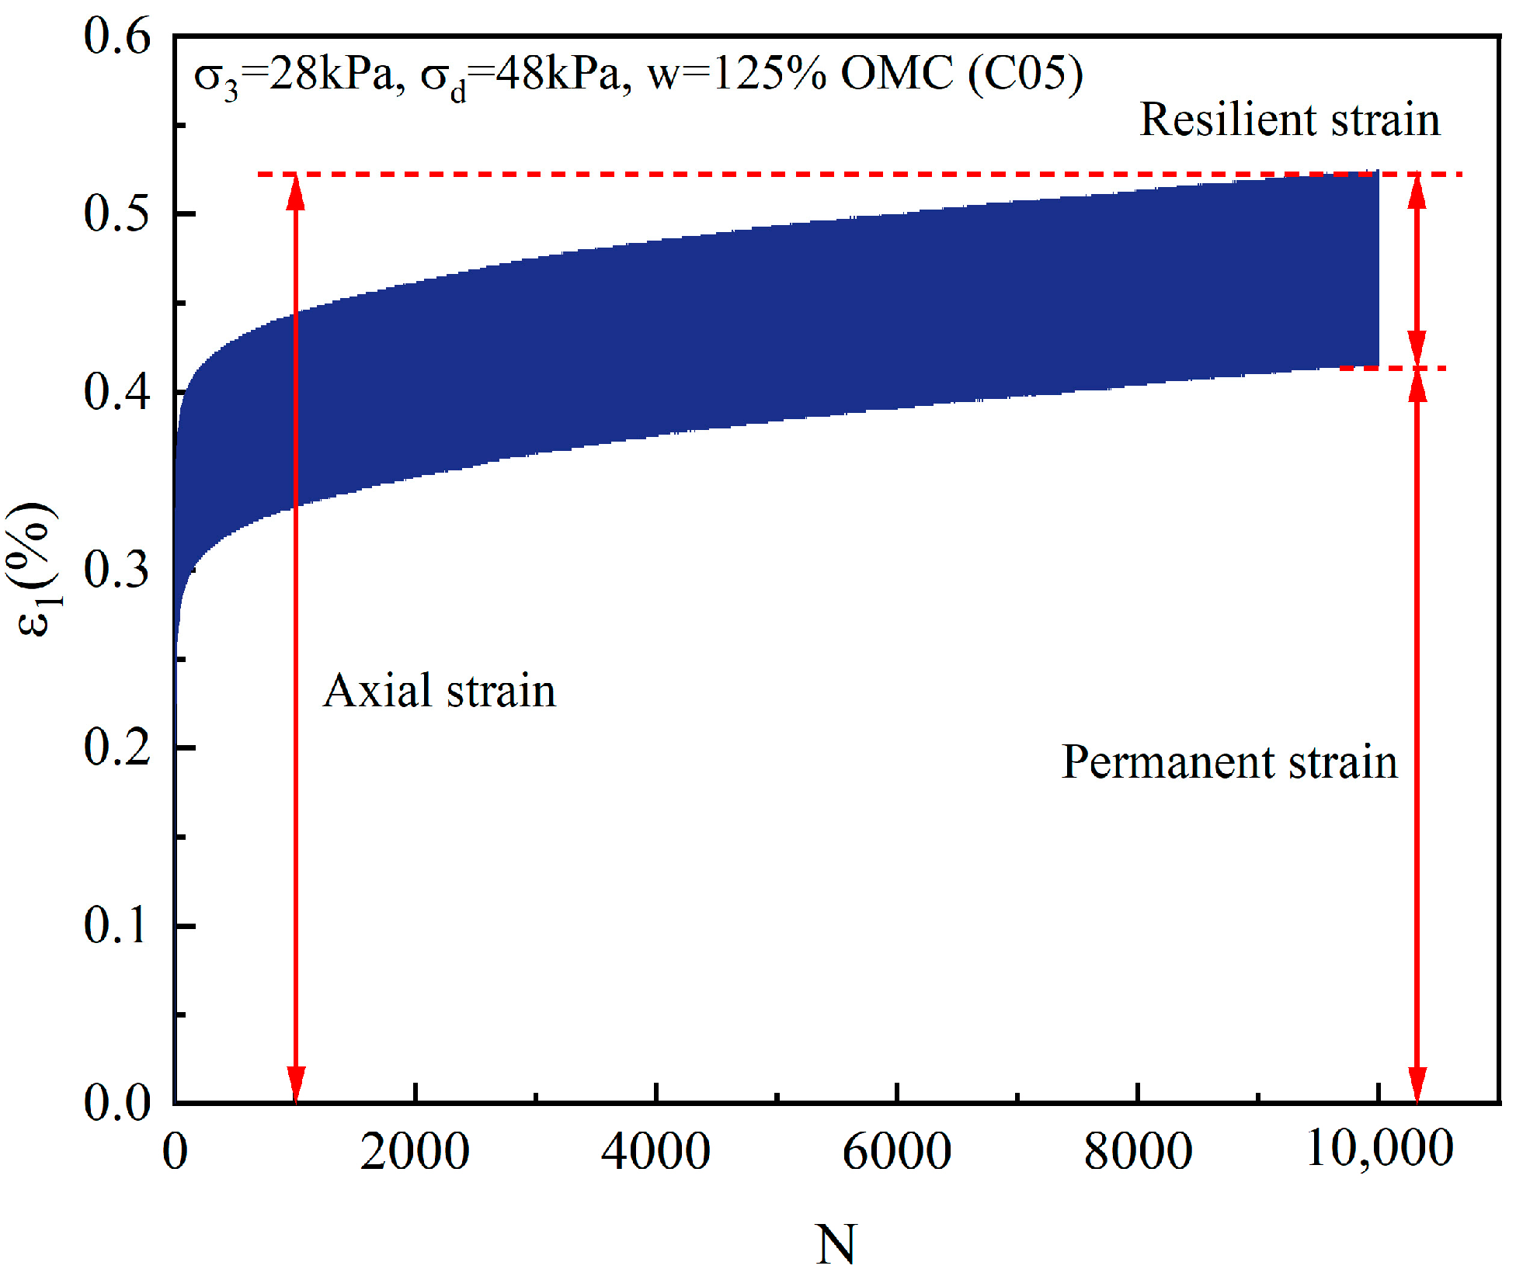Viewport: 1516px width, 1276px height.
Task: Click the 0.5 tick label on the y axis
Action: click(x=116, y=213)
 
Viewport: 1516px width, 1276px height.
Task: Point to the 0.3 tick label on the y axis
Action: click(x=116, y=569)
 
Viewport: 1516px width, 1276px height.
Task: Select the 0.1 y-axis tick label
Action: click(x=116, y=924)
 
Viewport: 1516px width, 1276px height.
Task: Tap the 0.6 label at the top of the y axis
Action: click(x=116, y=36)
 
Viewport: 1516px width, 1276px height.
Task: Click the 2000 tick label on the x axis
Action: click(x=415, y=1151)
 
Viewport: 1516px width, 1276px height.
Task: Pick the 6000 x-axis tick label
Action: click(x=896, y=1151)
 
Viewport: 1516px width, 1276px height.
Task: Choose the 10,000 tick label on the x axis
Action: click(x=1379, y=1148)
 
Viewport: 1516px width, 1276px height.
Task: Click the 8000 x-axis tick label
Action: click(x=1138, y=1151)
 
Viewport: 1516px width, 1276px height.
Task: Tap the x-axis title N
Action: click(x=836, y=1244)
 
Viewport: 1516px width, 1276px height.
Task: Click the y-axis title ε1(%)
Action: click(x=35, y=569)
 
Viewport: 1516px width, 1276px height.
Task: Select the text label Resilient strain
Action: click(x=1289, y=120)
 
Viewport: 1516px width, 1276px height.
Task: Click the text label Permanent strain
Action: click(x=1229, y=761)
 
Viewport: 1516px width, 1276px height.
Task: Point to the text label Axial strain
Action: click(x=440, y=690)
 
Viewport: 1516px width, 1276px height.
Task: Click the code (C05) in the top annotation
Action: click(x=1025, y=75)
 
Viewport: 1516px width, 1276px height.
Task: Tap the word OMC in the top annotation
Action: click(x=897, y=75)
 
